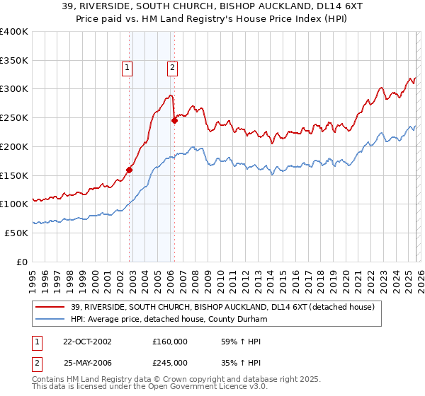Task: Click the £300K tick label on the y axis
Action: coord(14,89)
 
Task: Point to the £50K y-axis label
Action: coord(16,233)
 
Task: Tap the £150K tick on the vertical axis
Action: coord(14,175)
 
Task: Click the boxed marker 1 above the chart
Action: coord(127,68)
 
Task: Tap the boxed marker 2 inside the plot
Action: coord(172,68)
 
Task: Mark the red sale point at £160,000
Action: coord(130,169)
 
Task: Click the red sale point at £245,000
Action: coord(174,120)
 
